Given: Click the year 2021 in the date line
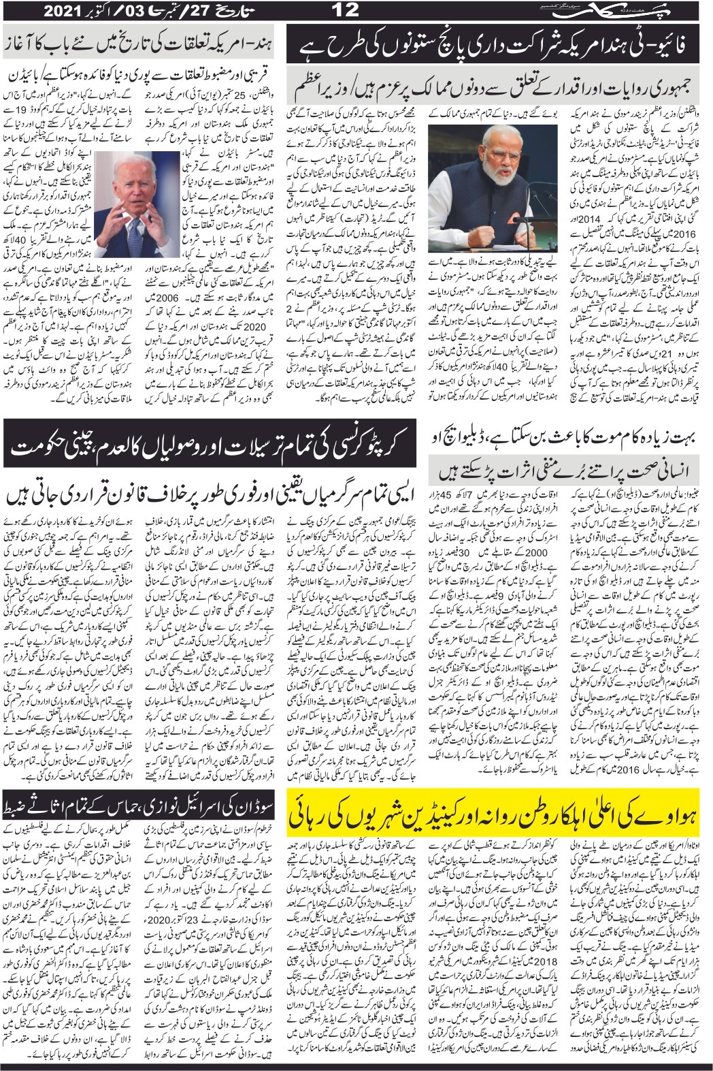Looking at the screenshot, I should point(67,11).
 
